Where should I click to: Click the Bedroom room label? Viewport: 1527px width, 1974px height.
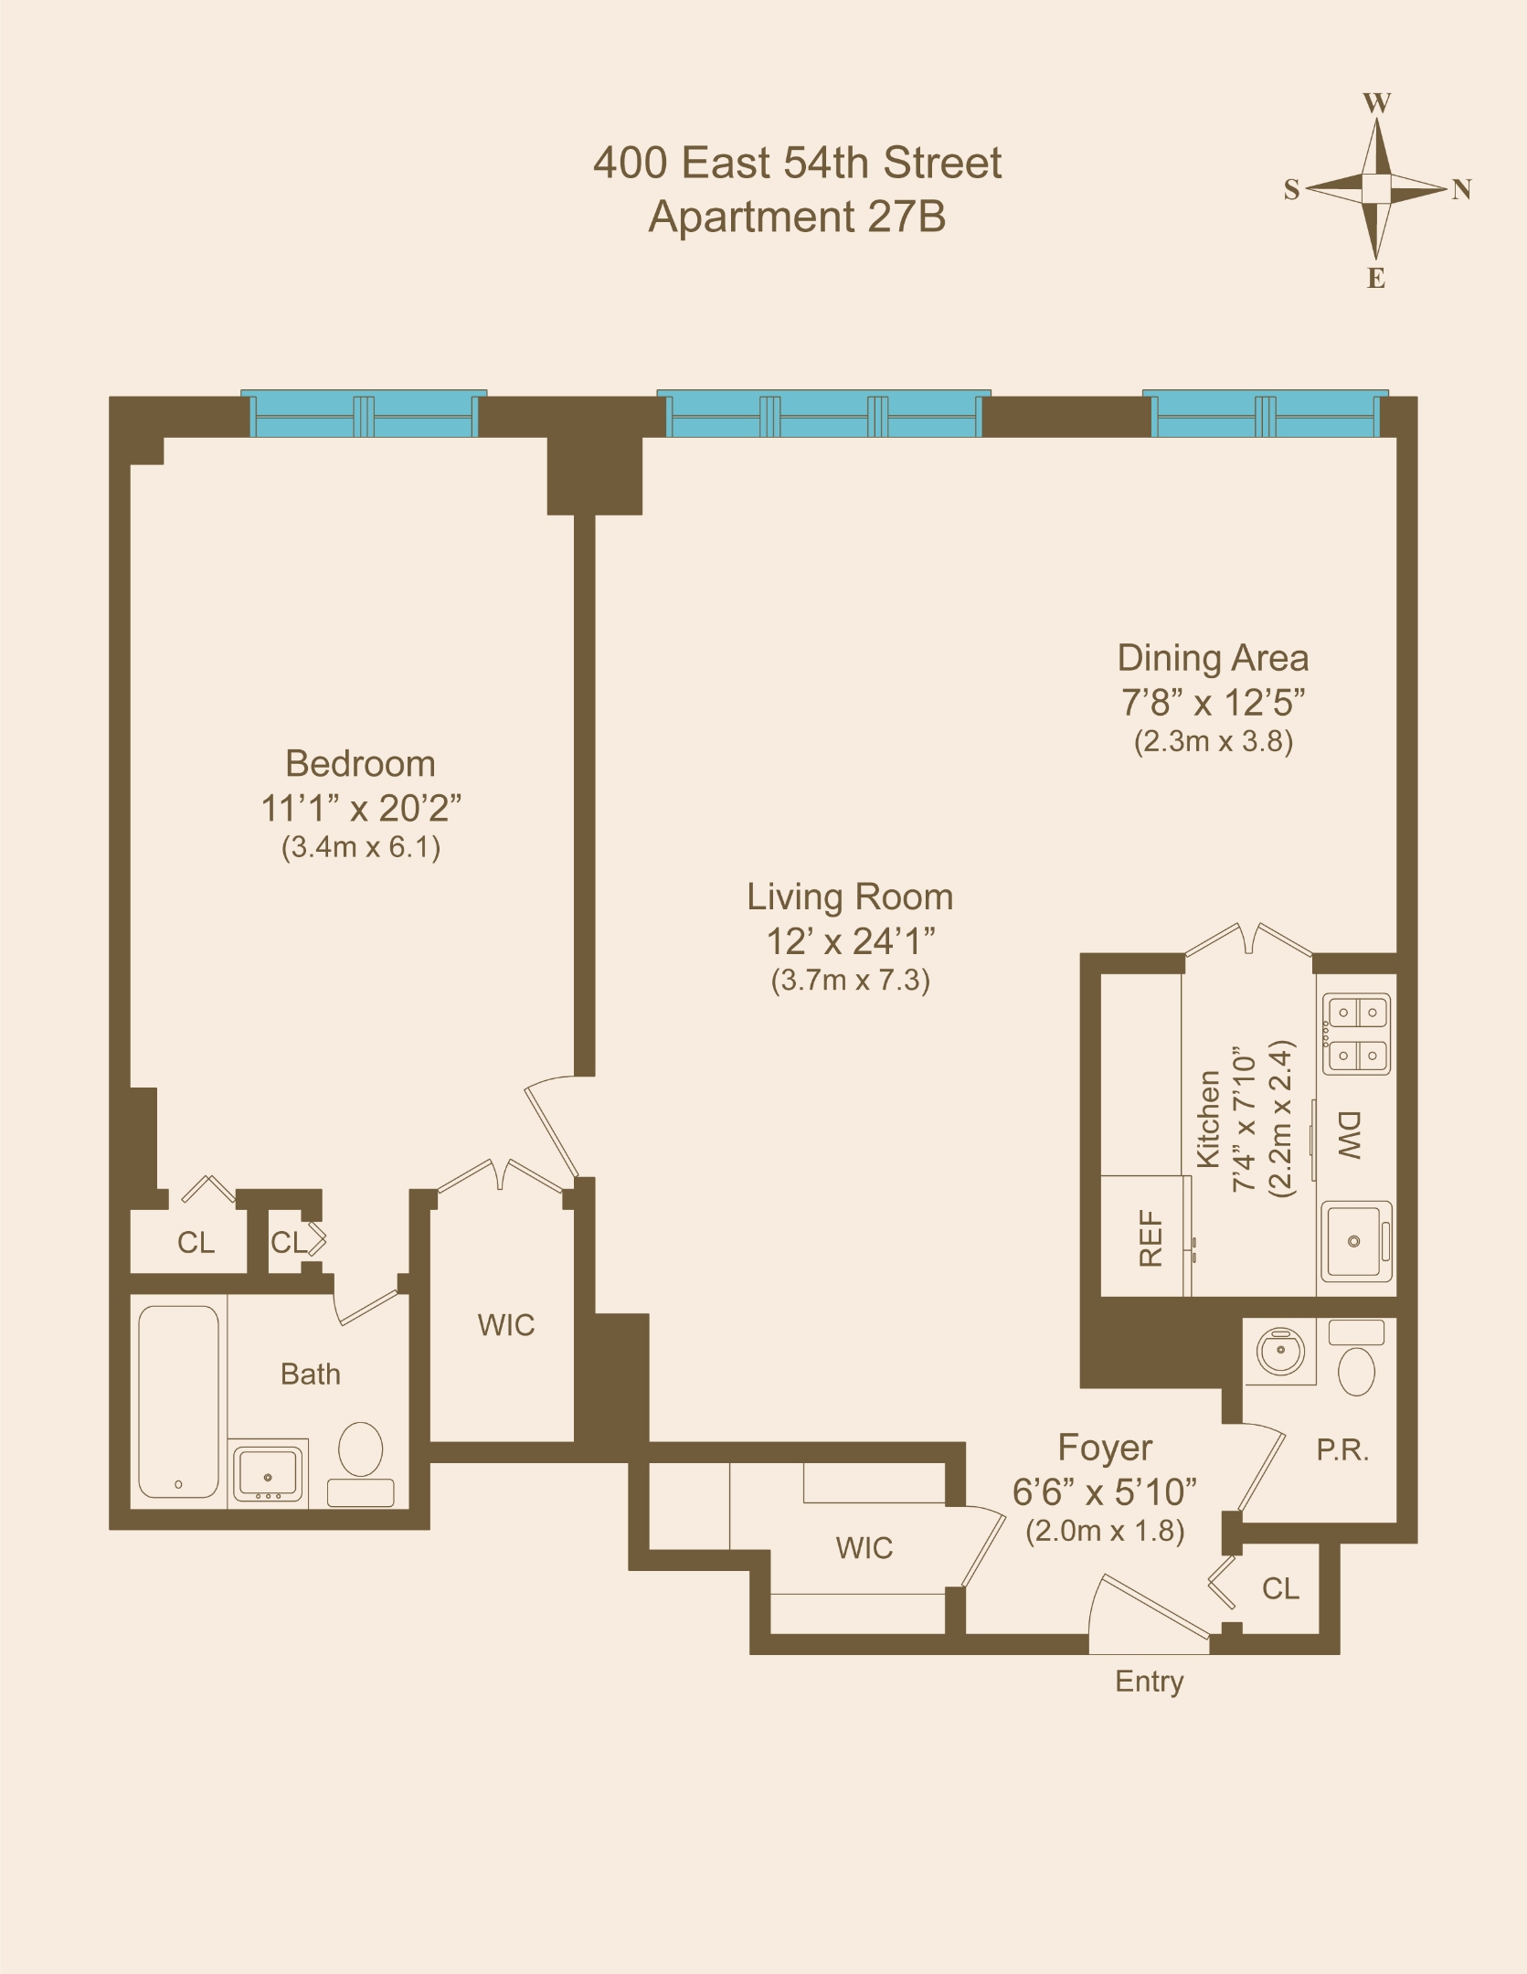pyautogui.click(x=360, y=764)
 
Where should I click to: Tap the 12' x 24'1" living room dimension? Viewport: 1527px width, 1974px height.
pyautogui.click(x=850, y=941)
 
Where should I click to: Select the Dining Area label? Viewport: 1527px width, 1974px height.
pyautogui.click(x=1213, y=659)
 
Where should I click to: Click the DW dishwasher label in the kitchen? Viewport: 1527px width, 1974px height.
pyautogui.click(x=1350, y=1136)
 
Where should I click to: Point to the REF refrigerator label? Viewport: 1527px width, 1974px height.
pyautogui.click(x=1151, y=1239)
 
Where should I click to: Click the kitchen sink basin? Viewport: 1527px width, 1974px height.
pyautogui.click(x=1355, y=1240)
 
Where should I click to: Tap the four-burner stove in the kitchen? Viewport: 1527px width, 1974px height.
pyautogui.click(x=1357, y=1034)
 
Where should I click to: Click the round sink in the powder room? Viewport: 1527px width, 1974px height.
pyautogui.click(x=1280, y=1350)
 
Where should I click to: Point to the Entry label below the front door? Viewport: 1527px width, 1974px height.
pyautogui.click(x=1149, y=1682)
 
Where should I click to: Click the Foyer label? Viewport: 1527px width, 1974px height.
pyautogui.click(x=1104, y=1449)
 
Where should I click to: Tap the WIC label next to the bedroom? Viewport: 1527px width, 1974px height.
pyautogui.click(x=505, y=1325)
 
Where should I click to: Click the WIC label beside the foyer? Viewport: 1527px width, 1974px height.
pyautogui.click(x=864, y=1548)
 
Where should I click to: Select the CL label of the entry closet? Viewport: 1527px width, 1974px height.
pyautogui.click(x=1280, y=1589)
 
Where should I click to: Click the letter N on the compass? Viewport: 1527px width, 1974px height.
pyautogui.click(x=1461, y=189)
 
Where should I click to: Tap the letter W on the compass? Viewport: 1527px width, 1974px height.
pyautogui.click(x=1376, y=102)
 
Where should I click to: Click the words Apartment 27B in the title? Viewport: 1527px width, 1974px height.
pyautogui.click(x=797, y=218)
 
